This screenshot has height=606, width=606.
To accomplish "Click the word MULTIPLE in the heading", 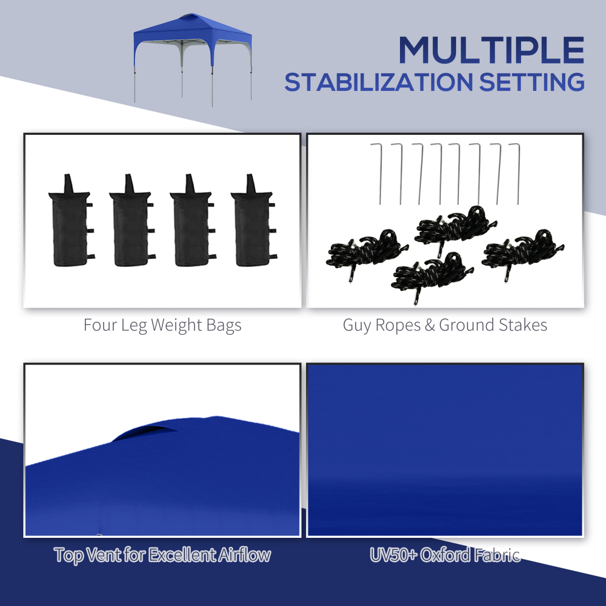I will pyautogui.click(x=491, y=50).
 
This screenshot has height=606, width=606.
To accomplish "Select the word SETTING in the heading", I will pyautogui.click(x=531, y=83).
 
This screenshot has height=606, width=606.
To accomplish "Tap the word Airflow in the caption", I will pyautogui.click(x=245, y=555).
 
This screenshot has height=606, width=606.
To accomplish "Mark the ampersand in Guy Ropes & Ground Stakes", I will pyautogui.click(x=430, y=325).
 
